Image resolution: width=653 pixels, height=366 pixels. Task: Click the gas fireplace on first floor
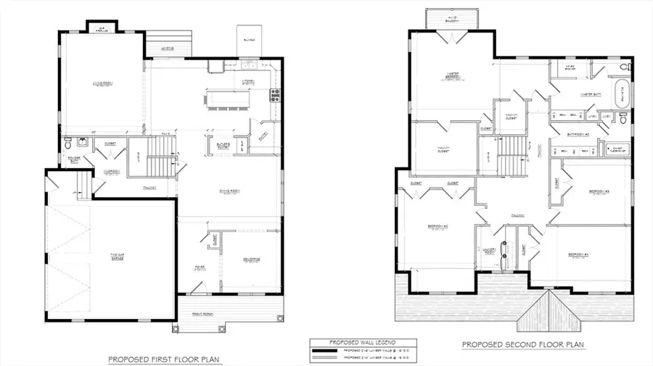pyautogui.click(x=102, y=28)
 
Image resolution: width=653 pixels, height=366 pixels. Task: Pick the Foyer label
pyautogui.click(x=200, y=267)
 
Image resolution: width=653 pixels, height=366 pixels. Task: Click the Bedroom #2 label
pyautogui.click(x=438, y=228)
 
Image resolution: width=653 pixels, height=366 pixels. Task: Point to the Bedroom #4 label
pyautogui.click(x=578, y=254)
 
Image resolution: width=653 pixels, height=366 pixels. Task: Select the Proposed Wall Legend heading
pyautogui.click(x=353, y=342)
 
